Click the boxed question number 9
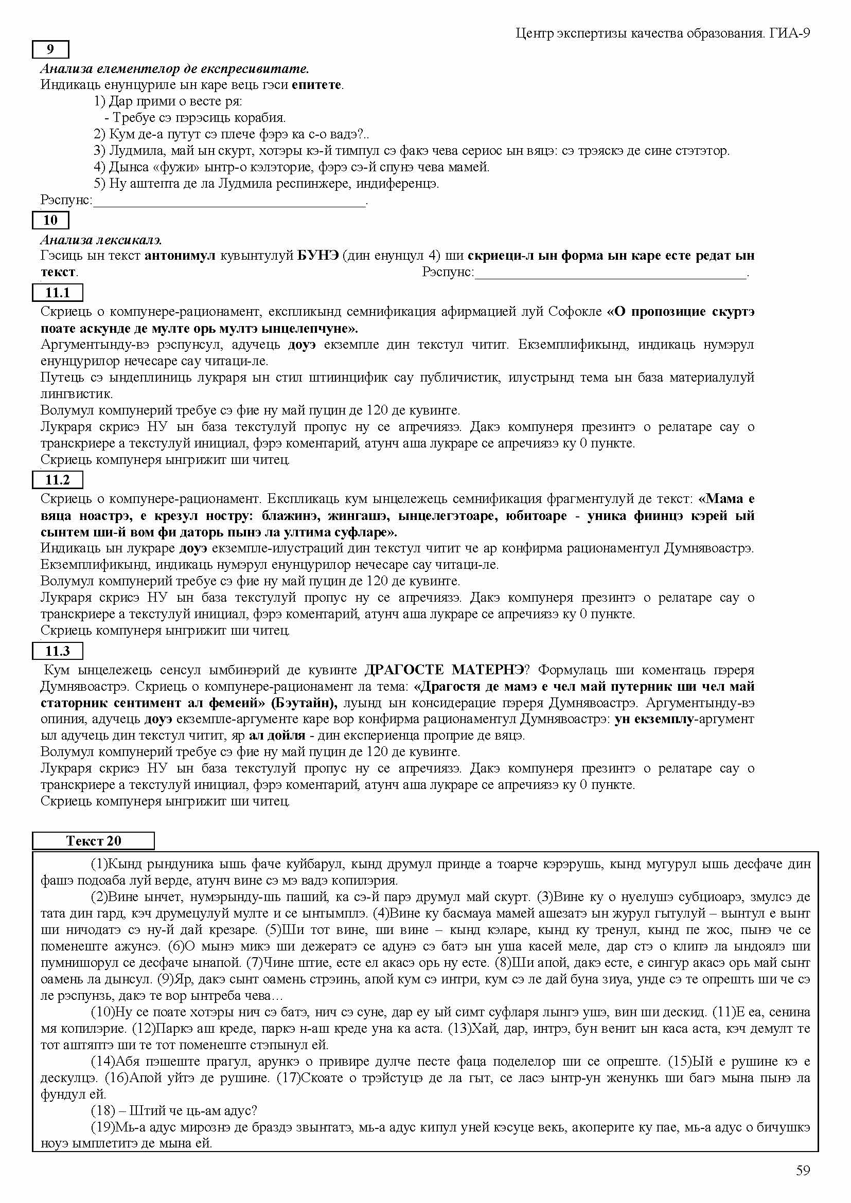click(x=50, y=49)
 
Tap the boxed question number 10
click(x=50, y=220)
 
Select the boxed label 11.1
click(x=58, y=292)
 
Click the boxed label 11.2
click(x=58, y=479)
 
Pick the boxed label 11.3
click(x=58, y=651)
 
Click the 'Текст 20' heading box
click(x=93, y=841)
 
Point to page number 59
click(x=803, y=1171)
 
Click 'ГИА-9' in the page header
click(x=790, y=33)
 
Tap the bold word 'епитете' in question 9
click(x=317, y=85)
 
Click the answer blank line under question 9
click(x=229, y=204)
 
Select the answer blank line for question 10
click(x=611, y=275)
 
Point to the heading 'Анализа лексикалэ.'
click(x=101, y=240)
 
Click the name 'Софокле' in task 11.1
click(x=575, y=312)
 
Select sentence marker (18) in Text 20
click(x=100, y=1110)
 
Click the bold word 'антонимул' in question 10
click(x=180, y=256)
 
